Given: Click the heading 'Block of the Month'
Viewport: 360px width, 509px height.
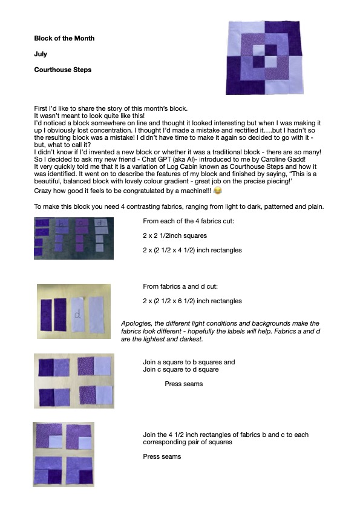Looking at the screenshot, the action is [64, 38].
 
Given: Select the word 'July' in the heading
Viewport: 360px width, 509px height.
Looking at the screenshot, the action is [41, 54].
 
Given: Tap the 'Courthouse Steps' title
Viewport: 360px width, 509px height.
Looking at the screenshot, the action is [63, 70].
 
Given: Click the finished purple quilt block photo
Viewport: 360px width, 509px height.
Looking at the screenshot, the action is [264, 57].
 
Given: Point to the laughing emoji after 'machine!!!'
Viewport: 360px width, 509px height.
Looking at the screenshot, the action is [218, 191].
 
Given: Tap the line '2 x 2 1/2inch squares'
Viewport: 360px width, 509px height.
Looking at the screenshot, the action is [175, 235].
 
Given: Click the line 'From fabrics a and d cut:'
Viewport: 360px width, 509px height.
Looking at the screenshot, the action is [180, 286].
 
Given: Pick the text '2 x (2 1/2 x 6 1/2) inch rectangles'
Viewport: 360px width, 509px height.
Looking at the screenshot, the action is [192, 301].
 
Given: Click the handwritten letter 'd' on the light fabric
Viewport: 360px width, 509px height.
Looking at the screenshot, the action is [77, 314].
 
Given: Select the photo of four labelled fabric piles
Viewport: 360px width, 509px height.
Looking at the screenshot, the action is [74, 238].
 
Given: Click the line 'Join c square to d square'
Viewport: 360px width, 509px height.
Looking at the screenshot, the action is [181, 369].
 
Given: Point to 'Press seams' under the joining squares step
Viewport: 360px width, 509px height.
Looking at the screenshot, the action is [184, 384].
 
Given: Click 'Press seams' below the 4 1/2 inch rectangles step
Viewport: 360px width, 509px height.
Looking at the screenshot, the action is [162, 456].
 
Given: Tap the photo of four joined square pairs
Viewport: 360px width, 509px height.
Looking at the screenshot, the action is [74, 381].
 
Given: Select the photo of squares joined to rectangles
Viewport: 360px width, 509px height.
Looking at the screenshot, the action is [64, 455].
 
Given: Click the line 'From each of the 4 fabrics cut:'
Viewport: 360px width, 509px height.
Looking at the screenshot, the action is [188, 221].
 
